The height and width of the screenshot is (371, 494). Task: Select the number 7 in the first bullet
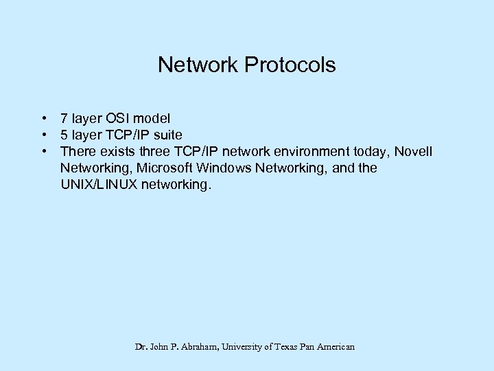click(x=64, y=118)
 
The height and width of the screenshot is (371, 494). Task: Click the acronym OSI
click(x=120, y=118)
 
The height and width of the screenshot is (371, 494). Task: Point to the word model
click(x=154, y=118)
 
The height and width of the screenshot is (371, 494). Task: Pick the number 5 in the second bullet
click(x=64, y=135)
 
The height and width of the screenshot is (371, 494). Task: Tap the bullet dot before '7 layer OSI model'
click(x=43, y=118)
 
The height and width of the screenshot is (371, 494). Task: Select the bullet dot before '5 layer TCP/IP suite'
click(x=43, y=135)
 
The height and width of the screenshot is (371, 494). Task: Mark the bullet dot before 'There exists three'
click(x=43, y=151)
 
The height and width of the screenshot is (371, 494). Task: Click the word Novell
click(x=414, y=151)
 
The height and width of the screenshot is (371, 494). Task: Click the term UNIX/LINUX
click(x=99, y=184)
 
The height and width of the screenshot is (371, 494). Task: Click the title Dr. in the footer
click(x=141, y=347)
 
